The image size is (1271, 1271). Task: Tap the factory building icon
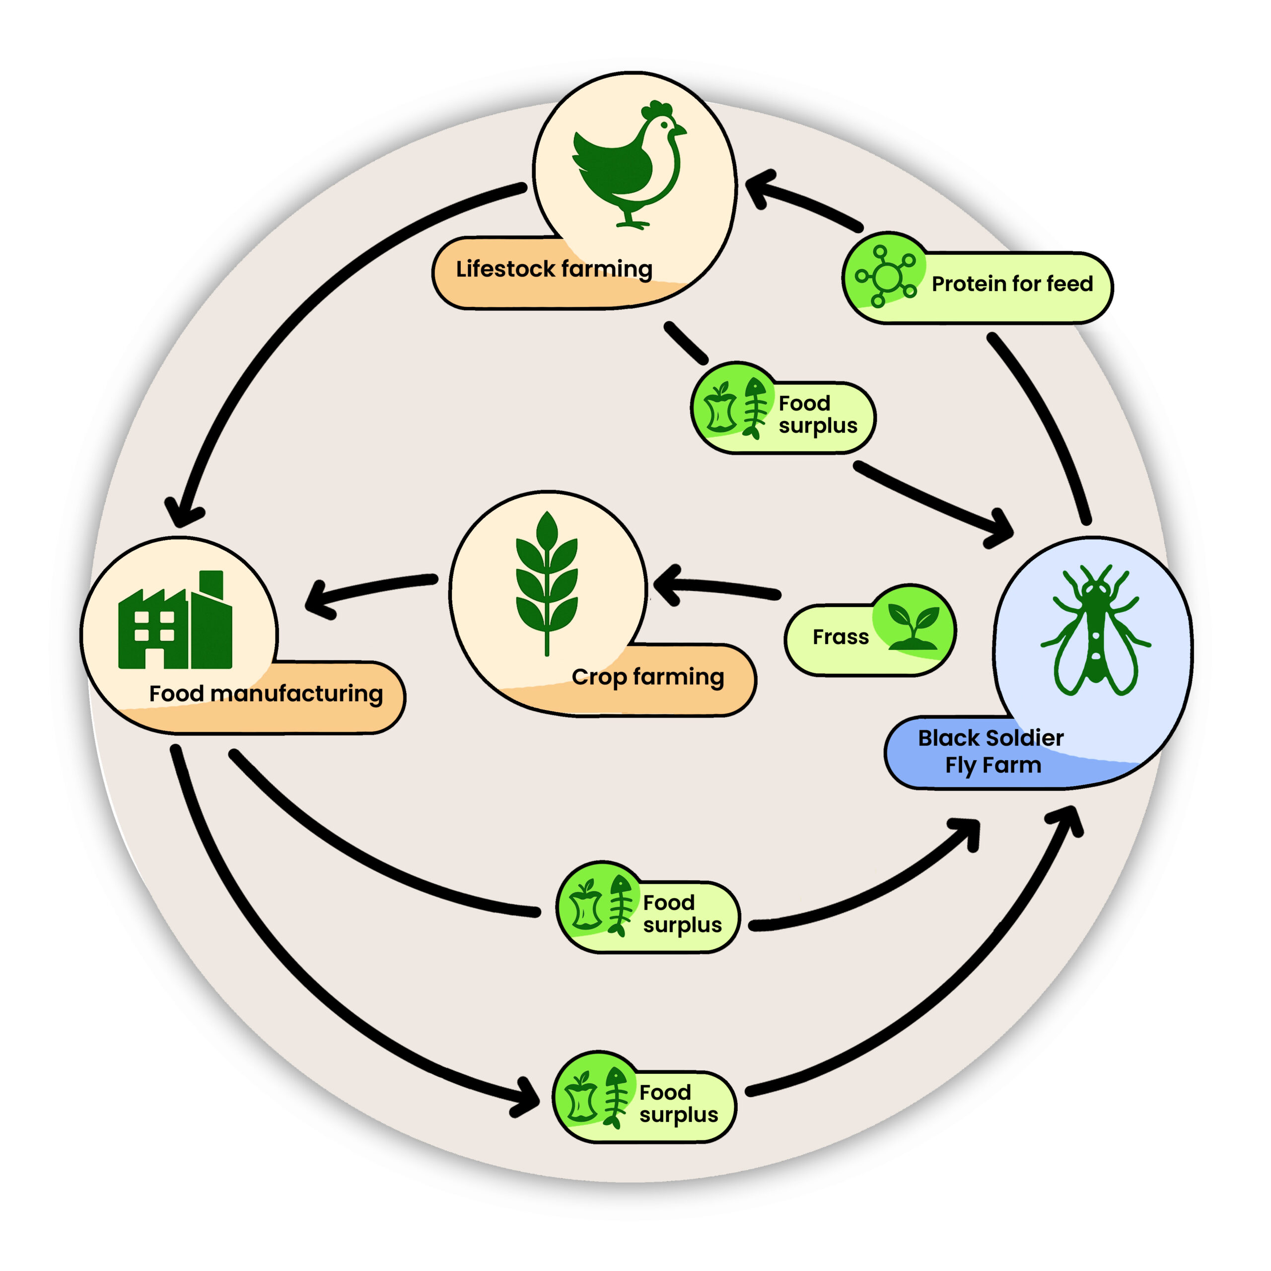click(175, 622)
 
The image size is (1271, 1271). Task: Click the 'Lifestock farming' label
click(554, 269)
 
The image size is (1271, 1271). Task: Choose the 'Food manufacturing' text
click(266, 694)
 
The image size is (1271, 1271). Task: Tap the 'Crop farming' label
click(647, 676)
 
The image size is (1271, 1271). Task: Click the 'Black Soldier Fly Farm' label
click(991, 751)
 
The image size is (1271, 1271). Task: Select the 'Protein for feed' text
click(1012, 283)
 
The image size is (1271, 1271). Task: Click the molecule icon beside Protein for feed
click(886, 277)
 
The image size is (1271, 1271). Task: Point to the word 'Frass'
click(840, 637)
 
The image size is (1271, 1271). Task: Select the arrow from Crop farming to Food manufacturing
click(375, 587)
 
